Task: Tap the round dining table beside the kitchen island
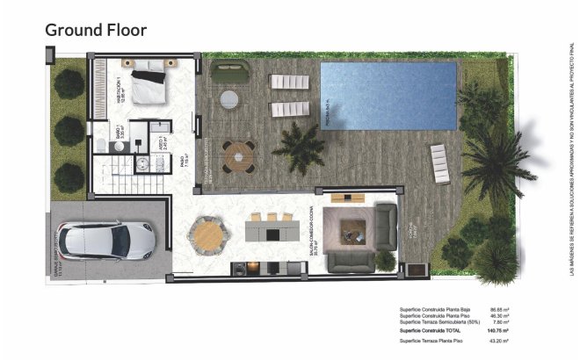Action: (x=207, y=235)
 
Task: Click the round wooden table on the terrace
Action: (x=237, y=156)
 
